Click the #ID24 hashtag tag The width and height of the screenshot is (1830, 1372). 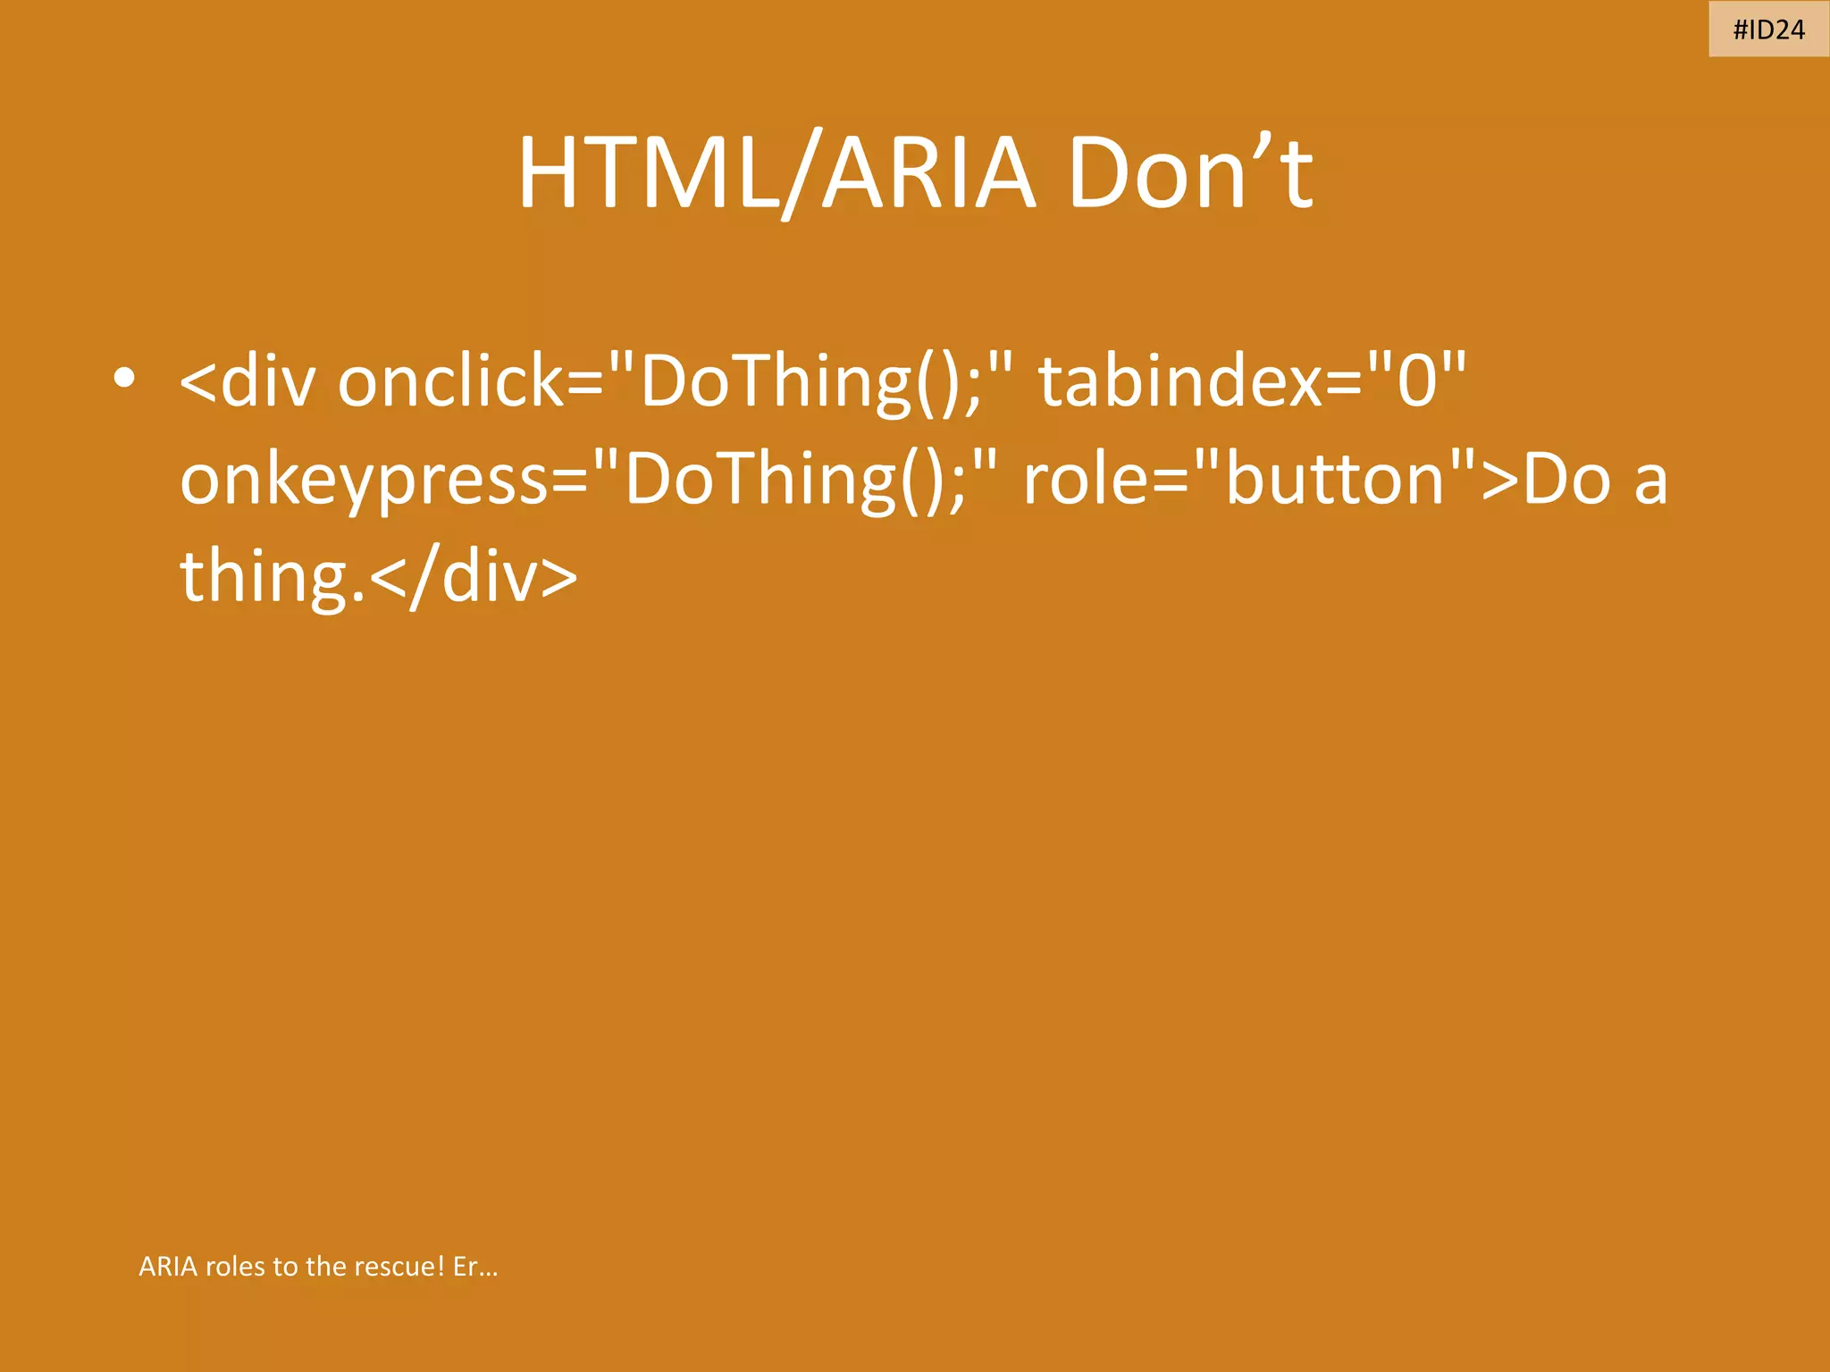(x=1768, y=29)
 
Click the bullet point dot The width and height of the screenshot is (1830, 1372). (x=124, y=378)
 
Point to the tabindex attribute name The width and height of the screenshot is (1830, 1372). (x=1179, y=381)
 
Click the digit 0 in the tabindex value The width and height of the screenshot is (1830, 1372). (x=1417, y=381)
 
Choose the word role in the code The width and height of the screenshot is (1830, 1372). (x=1086, y=480)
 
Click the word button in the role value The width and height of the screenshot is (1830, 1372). (x=1335, y=480)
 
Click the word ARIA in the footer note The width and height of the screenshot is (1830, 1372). (x=168, y=1266)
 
